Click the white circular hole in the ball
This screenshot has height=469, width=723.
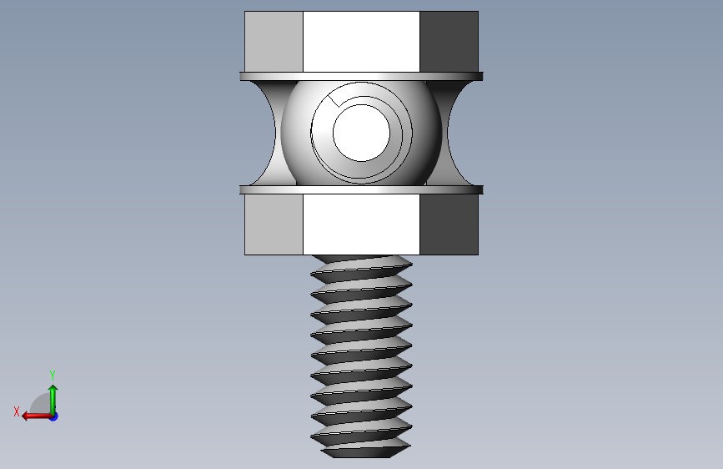click(362, 133)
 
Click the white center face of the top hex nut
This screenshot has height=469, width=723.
click(362, 42)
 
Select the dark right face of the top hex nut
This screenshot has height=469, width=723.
click(449, 42)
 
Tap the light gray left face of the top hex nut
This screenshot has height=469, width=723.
click(274, 42)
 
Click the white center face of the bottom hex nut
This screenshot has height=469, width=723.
click(362, 224)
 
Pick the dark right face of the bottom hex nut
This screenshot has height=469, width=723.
click(449, 224)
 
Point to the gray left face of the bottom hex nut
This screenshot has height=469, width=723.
click(274, 224)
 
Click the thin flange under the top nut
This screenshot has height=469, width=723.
click(362, 76)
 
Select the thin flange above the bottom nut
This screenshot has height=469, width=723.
click(362, 189)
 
